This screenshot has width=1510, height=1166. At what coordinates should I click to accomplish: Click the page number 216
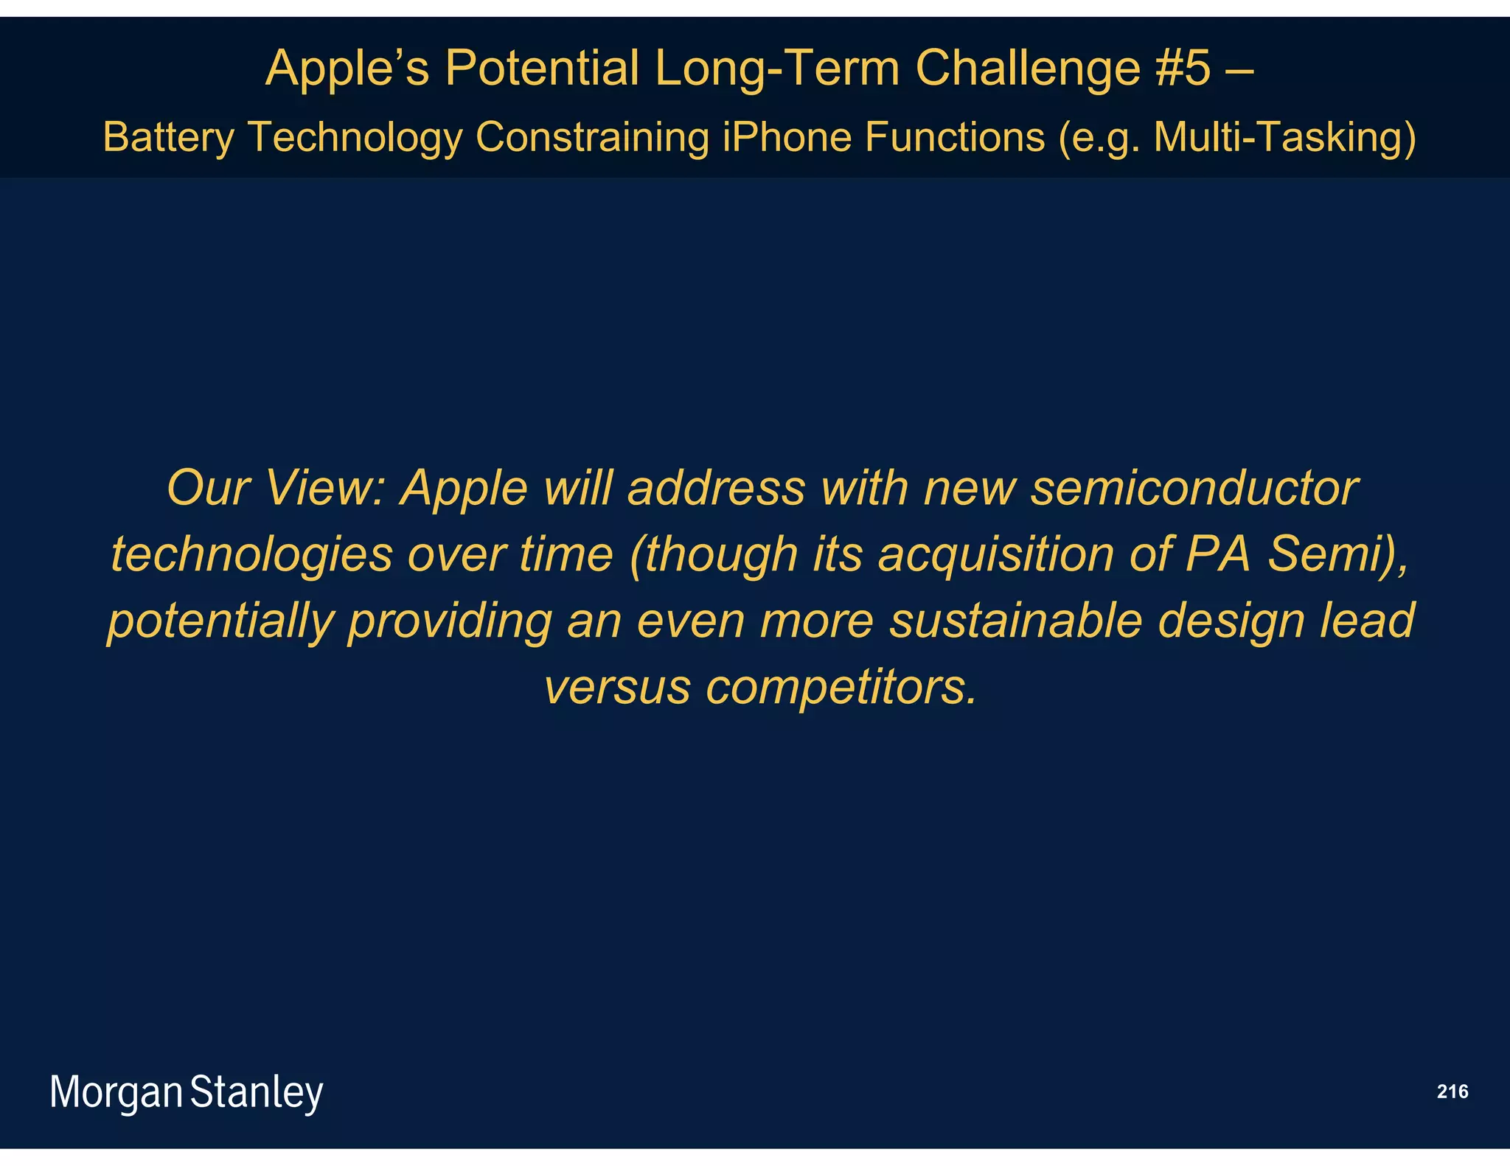[x=1452, y=1092]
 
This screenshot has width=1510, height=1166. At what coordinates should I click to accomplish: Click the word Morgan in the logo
[x=116, y=1092]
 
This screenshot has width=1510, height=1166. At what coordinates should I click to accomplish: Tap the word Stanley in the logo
[x=257, y=1092]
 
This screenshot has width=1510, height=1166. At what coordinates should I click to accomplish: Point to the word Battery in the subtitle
[x=169, y=137]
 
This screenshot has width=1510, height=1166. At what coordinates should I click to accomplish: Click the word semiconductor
[x=1194, y=488]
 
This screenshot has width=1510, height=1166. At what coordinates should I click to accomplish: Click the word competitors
[x=841, y=686]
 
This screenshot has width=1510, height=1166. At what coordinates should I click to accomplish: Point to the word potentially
[x=220, y=620]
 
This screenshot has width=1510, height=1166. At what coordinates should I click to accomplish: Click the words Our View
[x=276, y=488]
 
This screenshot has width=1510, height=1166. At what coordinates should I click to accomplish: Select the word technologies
[x=251, y=554]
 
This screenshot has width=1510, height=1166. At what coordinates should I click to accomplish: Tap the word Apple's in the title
[x=347, y=68]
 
